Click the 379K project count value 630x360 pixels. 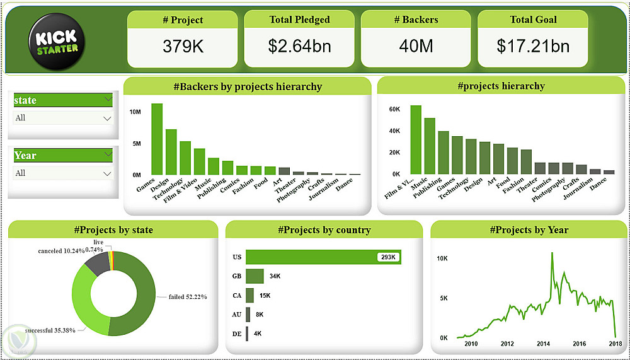183,46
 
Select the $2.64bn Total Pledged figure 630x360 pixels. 299,46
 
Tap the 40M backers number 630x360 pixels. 416,46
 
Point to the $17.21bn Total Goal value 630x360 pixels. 533,46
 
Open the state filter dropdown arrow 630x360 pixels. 106,118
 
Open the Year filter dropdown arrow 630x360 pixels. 106,173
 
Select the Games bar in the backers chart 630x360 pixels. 157,139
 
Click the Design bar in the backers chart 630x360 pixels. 171,151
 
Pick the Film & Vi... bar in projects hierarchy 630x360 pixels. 416,139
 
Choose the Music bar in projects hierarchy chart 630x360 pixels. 430,146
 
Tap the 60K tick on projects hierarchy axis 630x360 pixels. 394,110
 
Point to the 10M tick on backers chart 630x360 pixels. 135,112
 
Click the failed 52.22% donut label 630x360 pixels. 187,296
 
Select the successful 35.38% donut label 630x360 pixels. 50,330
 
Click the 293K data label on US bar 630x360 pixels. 386,257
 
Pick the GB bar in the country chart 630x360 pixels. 255,276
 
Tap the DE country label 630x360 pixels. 237,334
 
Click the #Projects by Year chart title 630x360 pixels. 529,230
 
